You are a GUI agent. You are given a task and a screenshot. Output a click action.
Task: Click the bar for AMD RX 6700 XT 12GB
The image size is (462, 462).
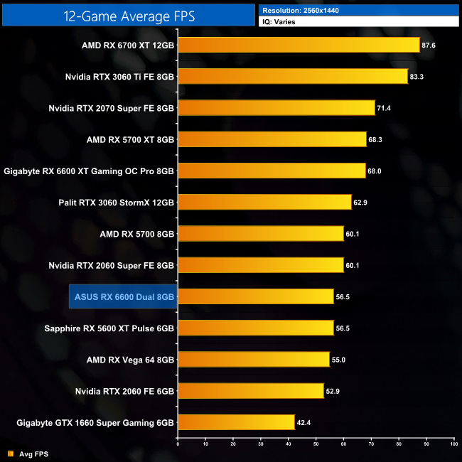(x=299, y=45)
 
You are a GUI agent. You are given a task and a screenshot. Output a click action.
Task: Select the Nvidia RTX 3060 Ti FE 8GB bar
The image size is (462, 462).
(x=292, y=76)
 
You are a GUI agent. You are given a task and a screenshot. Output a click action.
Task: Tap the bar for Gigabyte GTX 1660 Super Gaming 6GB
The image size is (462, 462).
(x=236, y=422)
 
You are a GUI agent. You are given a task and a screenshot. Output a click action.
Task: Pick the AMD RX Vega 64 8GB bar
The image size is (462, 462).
(x=253, y=360)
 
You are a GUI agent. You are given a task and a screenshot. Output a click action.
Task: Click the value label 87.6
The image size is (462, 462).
(x=428, y=45)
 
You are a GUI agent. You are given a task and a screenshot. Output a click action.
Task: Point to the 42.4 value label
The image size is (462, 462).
(x=303, y=422)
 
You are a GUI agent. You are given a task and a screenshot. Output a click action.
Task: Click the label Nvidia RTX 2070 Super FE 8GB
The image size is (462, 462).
(x=112, y=108)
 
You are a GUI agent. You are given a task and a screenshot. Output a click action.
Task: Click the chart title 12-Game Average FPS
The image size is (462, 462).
(x=128, y=14)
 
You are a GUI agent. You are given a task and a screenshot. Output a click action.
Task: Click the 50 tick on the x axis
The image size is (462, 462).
(x=316, y=444)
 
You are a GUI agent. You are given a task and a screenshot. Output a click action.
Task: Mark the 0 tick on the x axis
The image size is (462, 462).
(x=178, y=444)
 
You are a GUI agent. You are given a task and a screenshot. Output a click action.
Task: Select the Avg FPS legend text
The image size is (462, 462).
(x=34, y=453)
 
